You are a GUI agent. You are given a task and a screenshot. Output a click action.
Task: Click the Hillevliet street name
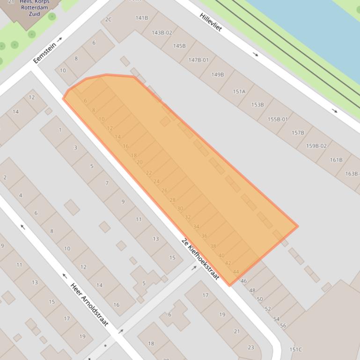pos(210,22)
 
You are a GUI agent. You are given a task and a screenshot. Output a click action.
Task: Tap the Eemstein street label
pos(45,53)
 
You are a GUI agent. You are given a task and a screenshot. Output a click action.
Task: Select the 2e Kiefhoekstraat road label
pos(200,259)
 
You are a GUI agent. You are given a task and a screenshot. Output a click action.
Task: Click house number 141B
pos(141,18)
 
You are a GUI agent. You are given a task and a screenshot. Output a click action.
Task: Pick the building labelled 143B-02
pos(162,33)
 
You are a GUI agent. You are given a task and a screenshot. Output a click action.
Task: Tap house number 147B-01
pos(198,60)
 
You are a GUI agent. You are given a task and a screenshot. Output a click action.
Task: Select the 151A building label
pos(239,92)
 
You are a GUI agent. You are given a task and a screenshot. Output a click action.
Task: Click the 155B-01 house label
pos(278,119)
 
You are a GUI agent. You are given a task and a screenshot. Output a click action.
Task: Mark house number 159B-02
pos(316,146)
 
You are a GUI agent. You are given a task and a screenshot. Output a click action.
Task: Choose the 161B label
pos(336,160)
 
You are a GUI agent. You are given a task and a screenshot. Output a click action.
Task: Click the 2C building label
pos(109,20)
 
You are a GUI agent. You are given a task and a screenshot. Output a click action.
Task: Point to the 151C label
pos(295,349)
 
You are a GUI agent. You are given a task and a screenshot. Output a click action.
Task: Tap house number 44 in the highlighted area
pos(236,272)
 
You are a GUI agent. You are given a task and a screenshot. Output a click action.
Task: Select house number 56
pos(283,325)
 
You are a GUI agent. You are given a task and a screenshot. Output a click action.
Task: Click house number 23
pos(251,347)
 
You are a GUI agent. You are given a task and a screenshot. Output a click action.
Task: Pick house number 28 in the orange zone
pos(172,200)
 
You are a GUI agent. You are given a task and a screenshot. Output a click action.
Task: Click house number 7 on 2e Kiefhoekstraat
pos(107,183)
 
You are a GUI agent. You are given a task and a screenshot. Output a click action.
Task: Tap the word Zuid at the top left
pos(34,14)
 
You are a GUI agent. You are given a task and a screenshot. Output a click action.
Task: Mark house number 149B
pos(218,75)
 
